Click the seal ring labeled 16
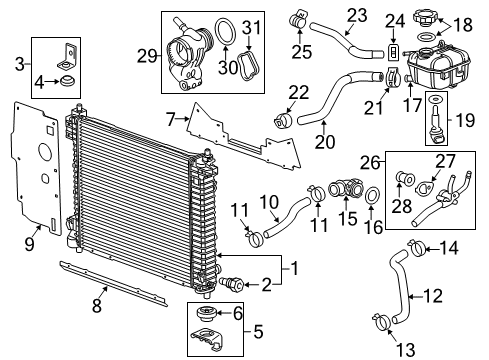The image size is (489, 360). [371, 194]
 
